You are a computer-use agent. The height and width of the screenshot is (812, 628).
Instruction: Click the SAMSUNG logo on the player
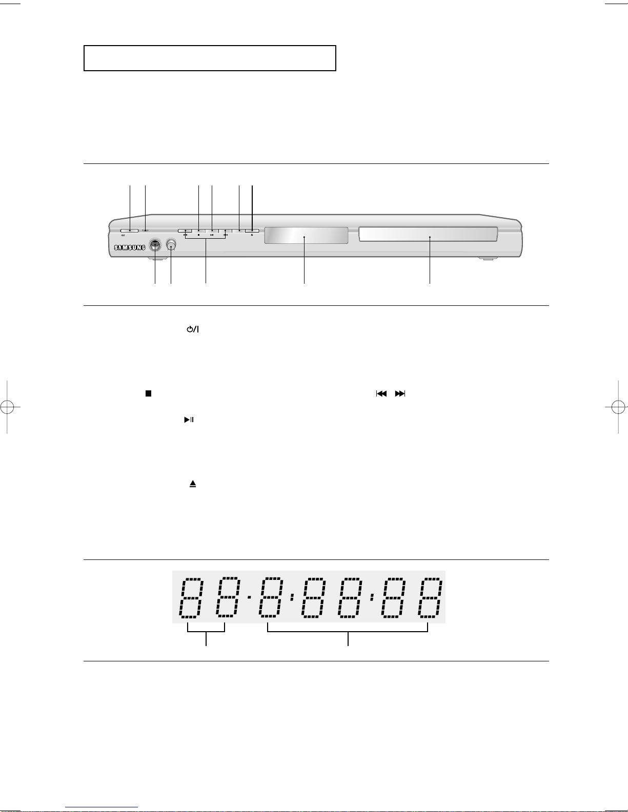pos(130,247)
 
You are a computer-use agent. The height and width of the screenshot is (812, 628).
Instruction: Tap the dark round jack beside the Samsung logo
pos(155,245)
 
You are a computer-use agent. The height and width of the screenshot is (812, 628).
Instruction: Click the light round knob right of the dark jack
pos(171,245)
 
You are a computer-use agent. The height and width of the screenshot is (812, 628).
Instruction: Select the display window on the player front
pos(306,236)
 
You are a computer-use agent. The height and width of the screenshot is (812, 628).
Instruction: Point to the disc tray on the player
pos(428,234)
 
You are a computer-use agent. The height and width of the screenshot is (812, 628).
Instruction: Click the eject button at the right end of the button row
pos(252,231)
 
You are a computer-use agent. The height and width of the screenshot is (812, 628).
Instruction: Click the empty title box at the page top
pos(210,58)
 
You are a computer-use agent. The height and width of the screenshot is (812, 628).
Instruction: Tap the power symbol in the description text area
pos(193,329)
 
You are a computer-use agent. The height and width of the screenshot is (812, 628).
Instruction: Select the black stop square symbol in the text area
pos(148,393)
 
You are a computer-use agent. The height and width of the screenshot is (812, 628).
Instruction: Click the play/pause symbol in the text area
pos(189,420)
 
